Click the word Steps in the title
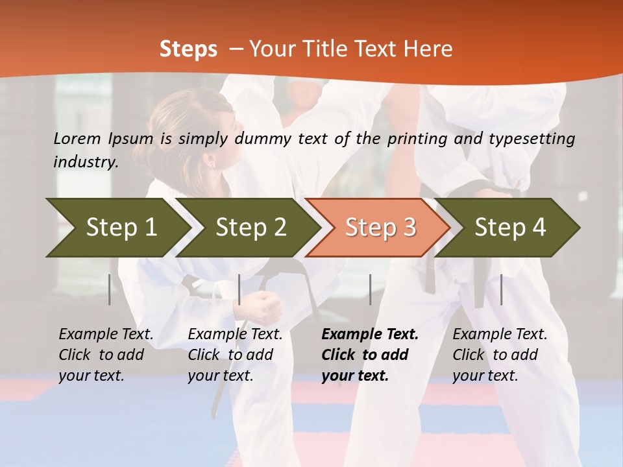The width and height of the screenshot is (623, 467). (188, 49)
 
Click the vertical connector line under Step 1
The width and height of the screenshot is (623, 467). (110, 289)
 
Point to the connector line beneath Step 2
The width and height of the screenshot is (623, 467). (239, 289)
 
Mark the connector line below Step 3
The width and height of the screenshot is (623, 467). (371, 289)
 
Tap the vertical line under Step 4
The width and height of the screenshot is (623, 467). (502, 289)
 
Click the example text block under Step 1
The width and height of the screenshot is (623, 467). (106, 355)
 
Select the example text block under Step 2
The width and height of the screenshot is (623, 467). (235, 355)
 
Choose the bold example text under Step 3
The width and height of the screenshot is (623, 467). (370, 355)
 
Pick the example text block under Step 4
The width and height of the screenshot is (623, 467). (500, 355)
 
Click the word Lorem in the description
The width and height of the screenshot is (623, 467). (77, 138)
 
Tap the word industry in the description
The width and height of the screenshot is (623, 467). (85, 162)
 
